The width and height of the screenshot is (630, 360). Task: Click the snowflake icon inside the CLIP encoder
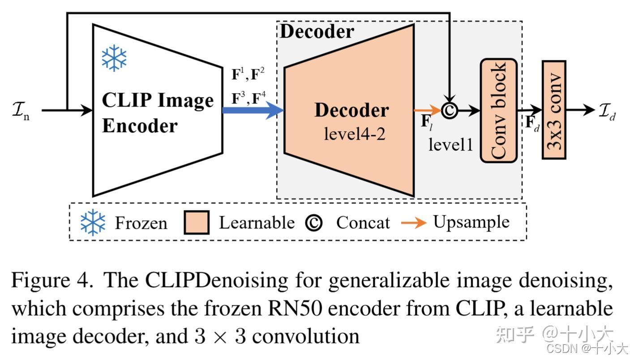tap(114, 58)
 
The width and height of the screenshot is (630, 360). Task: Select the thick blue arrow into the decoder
tap(253, 110)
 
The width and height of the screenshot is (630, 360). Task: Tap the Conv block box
tap(498, 110)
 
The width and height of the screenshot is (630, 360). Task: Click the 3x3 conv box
tap(554, 110)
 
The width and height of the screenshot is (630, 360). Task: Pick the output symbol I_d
tap(607, 111)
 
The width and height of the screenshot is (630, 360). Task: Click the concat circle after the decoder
tap(449, 110)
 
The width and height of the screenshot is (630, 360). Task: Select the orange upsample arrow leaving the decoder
tap(427, 110)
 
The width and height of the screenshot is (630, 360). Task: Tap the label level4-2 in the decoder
tap(354, 133)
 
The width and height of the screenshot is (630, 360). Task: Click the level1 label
tap(450, 144)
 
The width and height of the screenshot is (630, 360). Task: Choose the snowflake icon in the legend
tap(93, 223)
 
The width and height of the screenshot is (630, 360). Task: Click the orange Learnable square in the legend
tap(196, 223)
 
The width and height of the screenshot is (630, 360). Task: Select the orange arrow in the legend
tap(413, 223)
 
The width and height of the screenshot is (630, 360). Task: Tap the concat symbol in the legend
tap(313, 223)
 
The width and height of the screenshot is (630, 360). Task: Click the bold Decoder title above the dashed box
tap(317, 31)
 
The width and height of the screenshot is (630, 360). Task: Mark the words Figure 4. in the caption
tap(52, 281)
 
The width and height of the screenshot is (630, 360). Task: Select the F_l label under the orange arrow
tap(426, 123)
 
